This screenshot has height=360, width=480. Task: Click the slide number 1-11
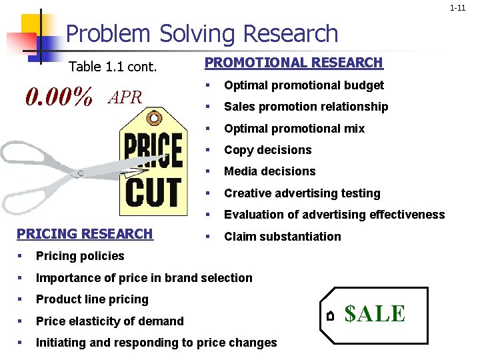point(457,8)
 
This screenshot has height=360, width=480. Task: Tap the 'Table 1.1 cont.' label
point(113,67)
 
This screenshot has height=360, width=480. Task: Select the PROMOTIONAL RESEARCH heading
point(293,63)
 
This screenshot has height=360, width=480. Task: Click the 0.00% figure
point(59,97)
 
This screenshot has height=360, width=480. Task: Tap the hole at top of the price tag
point(155,119)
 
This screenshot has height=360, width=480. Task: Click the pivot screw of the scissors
point(81,173)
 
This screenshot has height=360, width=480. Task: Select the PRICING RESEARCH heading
point(85,234)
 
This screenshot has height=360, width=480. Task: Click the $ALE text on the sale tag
point(375,313)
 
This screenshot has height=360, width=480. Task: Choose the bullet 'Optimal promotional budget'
point(303,85)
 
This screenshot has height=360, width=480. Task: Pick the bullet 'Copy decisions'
point(267,150)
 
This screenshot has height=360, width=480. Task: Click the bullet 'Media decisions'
point(269,171)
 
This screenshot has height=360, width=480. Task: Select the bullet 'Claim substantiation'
point(282,237)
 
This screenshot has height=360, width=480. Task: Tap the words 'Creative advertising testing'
point(302,193)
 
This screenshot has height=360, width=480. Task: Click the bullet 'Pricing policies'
point(80,256)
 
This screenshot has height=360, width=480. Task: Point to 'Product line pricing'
point(92,299)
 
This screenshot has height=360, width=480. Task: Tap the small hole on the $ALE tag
point(330,315)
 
